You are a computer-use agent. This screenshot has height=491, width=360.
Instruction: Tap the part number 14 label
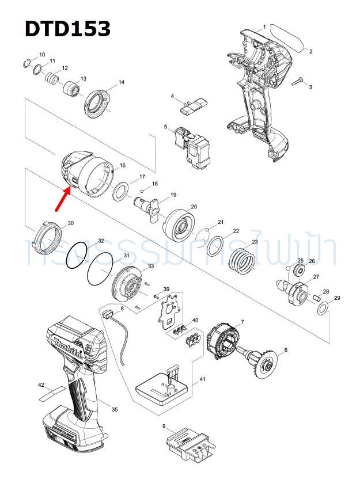tap(122, 82)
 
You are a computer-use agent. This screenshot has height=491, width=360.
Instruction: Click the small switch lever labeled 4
tap(192, 105)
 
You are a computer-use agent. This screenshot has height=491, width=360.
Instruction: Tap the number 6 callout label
tap(286, 350)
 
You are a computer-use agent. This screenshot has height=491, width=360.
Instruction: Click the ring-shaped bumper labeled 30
tap(48, 238)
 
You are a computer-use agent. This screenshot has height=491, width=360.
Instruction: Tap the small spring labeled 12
tap(53, 78)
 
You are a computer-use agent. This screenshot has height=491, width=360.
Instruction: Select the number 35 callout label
tap(115, 409)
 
